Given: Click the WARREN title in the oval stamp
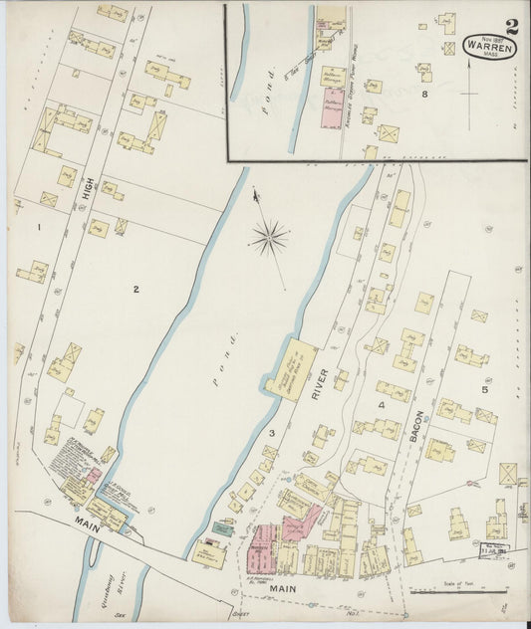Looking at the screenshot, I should [488, 47].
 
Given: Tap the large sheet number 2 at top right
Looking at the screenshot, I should [511, 27].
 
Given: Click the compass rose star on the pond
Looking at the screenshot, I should [269, 237].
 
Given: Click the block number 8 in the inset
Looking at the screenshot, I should [423, 95].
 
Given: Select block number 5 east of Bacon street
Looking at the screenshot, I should [486, 389].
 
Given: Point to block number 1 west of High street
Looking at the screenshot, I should [39, 228].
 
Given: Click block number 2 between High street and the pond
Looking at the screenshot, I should [135, 290].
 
